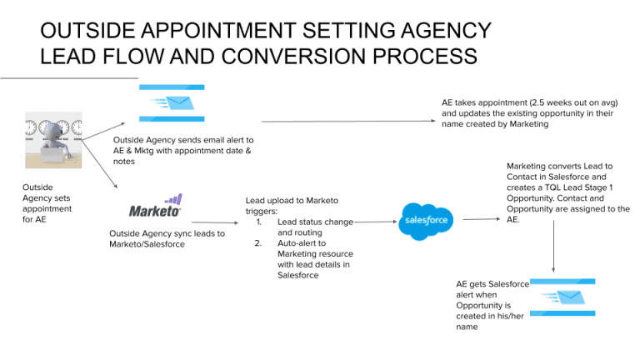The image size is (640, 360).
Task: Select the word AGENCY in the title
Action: pyautogui.click(x=442, y=32)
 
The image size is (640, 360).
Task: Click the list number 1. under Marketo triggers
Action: pyautogui.click(x=259, y=222)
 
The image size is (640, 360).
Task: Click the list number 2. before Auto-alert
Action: pyautogui.click(x=259, y=243)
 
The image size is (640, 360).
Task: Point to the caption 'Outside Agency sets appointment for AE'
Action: pyautogui.click(x=47, y=208)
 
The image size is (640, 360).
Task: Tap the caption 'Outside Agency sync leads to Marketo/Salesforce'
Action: pyautogui.click(x=167, y=238)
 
